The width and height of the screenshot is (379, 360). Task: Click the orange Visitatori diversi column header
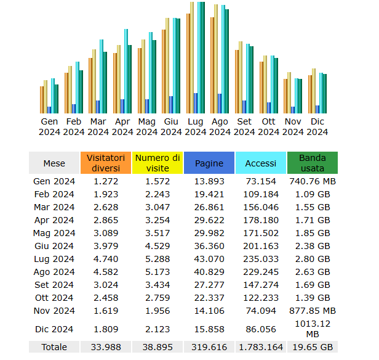click(x=105, y=163)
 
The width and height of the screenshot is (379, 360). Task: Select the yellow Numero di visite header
click(x=157, y=163)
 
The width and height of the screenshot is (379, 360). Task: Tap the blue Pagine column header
click(x=209, y=163)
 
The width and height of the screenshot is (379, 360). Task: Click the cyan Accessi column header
click(x=260, y=163)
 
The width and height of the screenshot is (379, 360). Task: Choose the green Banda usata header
click(x=313, y=163)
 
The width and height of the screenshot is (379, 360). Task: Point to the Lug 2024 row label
click(x=54, y=259)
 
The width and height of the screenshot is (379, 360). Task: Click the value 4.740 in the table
click(x=105, y=259)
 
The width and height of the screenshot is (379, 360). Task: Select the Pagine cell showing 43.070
click(x=209, y=259)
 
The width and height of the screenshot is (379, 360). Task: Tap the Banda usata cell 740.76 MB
click(x=313, y=181)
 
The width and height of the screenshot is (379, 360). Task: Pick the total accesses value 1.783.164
click(x=260, y=347)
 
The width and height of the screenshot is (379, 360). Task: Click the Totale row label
click(x=54, y=347)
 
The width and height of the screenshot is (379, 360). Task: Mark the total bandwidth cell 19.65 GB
click(x=313, y=347)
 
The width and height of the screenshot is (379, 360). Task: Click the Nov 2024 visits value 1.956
click(x=157, y=311)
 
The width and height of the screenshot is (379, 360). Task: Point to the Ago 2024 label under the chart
click(x=220, y=126)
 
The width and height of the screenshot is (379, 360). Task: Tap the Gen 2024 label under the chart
click(x=49, y=126)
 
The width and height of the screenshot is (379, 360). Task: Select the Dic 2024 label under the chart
click(x=317, y=126)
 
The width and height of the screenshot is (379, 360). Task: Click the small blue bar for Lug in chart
click(x=196, y=103)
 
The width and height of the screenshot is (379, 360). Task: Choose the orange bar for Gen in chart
click(x=42, y=99)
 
